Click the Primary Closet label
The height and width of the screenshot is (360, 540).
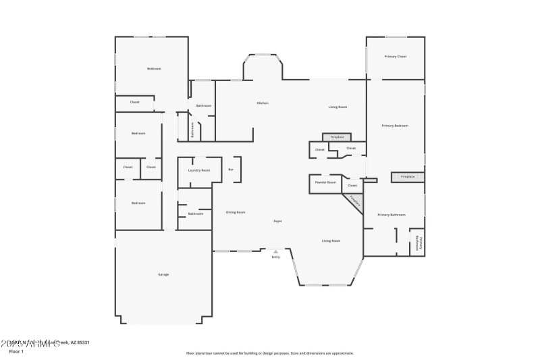coord(395,57)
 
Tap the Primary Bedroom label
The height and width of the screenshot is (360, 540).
coord(395,126)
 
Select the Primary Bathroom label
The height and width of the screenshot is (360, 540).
coord(392,215)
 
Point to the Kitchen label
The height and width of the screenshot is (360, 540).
coord(263,103)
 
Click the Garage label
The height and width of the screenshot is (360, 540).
coord(163,274)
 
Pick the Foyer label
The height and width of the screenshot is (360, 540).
coord(277,222)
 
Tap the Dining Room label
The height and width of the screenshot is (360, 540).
coord(236,212)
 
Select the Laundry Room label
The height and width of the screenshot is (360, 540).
coord(199,170)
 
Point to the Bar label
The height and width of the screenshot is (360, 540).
coord(231,170)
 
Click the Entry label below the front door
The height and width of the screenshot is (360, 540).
coord(275,257)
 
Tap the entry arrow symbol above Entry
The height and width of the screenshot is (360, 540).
coord(275,251)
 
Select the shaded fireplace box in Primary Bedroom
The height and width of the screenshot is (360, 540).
coord(408,177)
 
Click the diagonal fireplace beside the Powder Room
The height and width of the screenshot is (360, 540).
coord(354,202)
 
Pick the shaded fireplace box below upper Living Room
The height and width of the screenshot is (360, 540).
coord(337,137)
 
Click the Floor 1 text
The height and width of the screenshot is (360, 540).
coord(16,351)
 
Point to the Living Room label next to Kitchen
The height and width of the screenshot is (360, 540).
coord(337,107)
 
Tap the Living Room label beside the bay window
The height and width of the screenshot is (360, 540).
coord(331,240)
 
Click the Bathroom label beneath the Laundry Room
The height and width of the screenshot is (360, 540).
coord(196,214)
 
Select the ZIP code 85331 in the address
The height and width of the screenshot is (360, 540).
coord(82,342)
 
